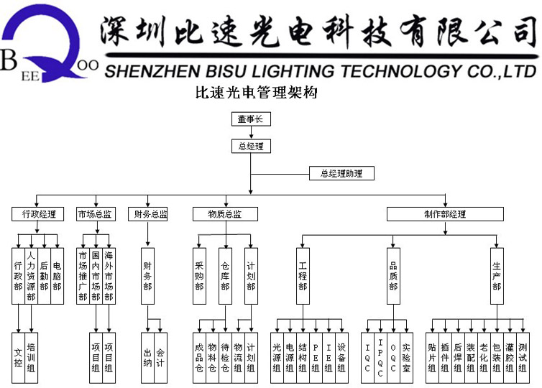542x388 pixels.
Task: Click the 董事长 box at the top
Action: coord(251,119)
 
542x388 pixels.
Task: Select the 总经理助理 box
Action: coord(341,173)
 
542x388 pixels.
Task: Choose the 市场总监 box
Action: coord(95,214)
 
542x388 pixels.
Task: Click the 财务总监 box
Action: coord(150,214)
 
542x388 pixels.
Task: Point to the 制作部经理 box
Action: coord(445,214)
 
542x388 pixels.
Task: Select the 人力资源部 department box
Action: coord(31,276)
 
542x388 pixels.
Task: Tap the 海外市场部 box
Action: coord(109,276)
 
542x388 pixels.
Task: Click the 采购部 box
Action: coord(199,276)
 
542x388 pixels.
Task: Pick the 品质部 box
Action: coord(393,276)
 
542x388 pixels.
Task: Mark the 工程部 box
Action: coord(303,276)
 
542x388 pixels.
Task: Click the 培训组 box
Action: coord(31,357)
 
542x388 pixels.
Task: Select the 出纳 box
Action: coord(148,357)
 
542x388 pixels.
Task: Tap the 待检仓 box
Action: coord(225,357)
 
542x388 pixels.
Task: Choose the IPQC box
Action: coord(380,357)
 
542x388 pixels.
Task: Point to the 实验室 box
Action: coord(406,357)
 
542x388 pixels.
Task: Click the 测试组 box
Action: coord(523,357)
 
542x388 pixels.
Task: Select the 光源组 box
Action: coord(277,357)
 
